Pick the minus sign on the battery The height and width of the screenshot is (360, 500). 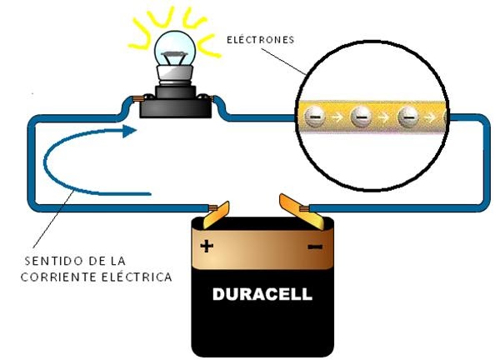coord(316,247)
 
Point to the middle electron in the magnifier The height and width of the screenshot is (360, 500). coord(361,117)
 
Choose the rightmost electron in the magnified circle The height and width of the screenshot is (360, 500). coord(408,117)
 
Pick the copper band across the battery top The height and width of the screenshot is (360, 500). coord(262,247)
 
